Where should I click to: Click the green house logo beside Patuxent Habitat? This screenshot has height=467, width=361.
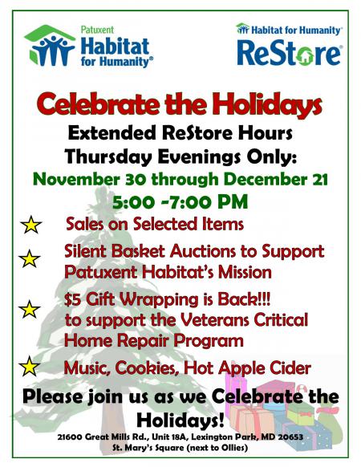pyautogui.click(x=50, y=46)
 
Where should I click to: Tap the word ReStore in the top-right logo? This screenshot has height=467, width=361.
pyautogui.click(x=289, y=53)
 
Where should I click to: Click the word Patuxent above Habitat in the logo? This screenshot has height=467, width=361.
pyautogui.click(x=97, y=30)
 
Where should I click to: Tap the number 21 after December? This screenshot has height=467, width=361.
pyautogui.click(x=318, y=180)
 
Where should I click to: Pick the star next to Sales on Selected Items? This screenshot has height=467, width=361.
pyautogui.click(x=31, y=225)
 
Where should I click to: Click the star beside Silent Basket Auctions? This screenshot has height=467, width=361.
pyautogui.click(x=29, y=258)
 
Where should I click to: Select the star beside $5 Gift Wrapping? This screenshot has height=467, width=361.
pyautogui.click(x=29, y=309)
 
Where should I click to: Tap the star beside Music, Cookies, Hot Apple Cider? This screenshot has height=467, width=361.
pyautogui.click(x=29, y=366)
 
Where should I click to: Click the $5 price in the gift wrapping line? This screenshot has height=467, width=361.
pyautogui.click(x=72, y=299)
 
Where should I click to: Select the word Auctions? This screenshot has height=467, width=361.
pyautogui.click(x=202, y=251)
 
